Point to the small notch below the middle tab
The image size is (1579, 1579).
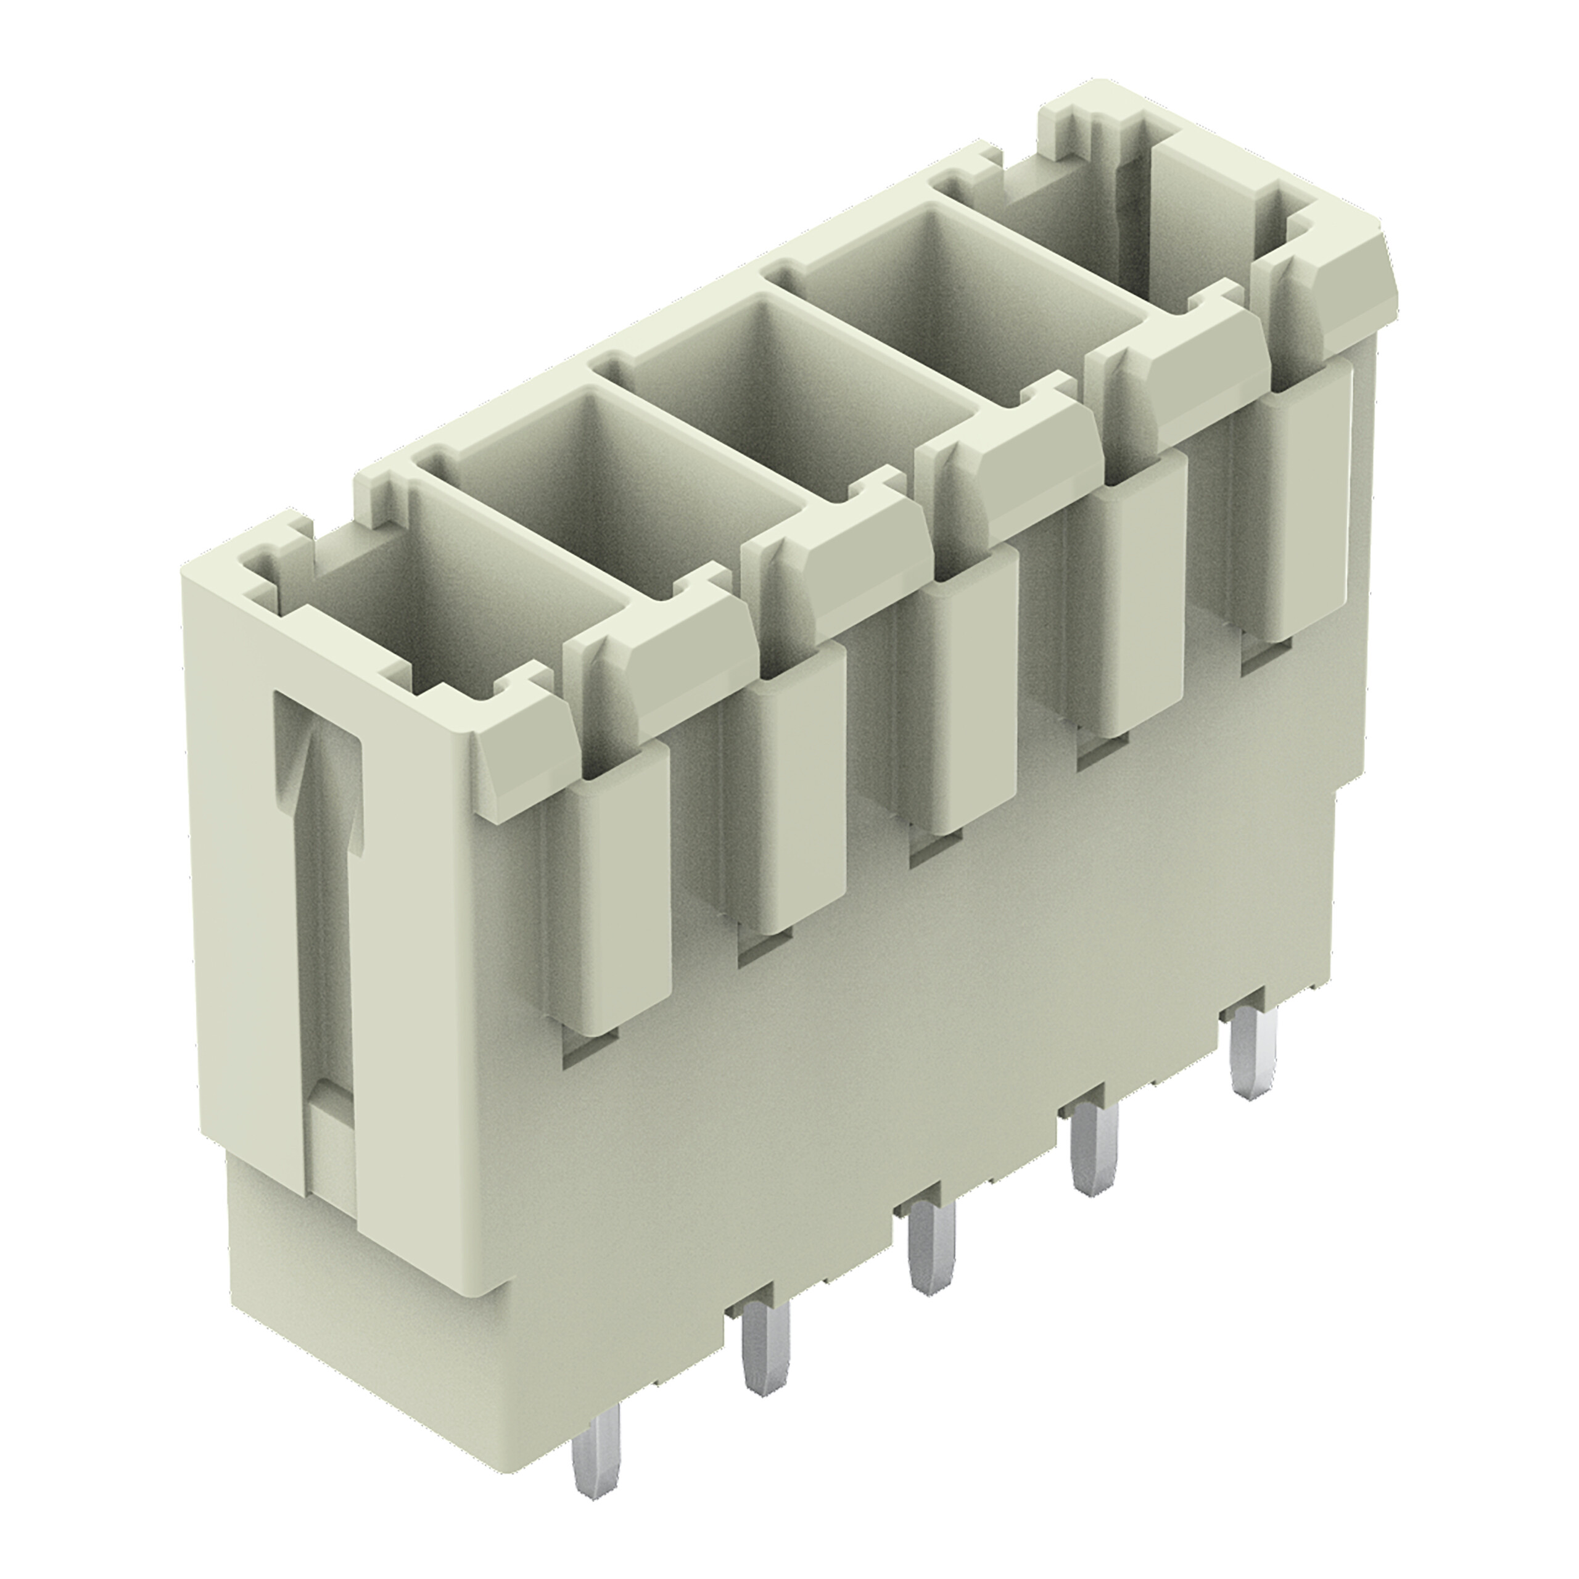pyautogui.click(x=936, y=850)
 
